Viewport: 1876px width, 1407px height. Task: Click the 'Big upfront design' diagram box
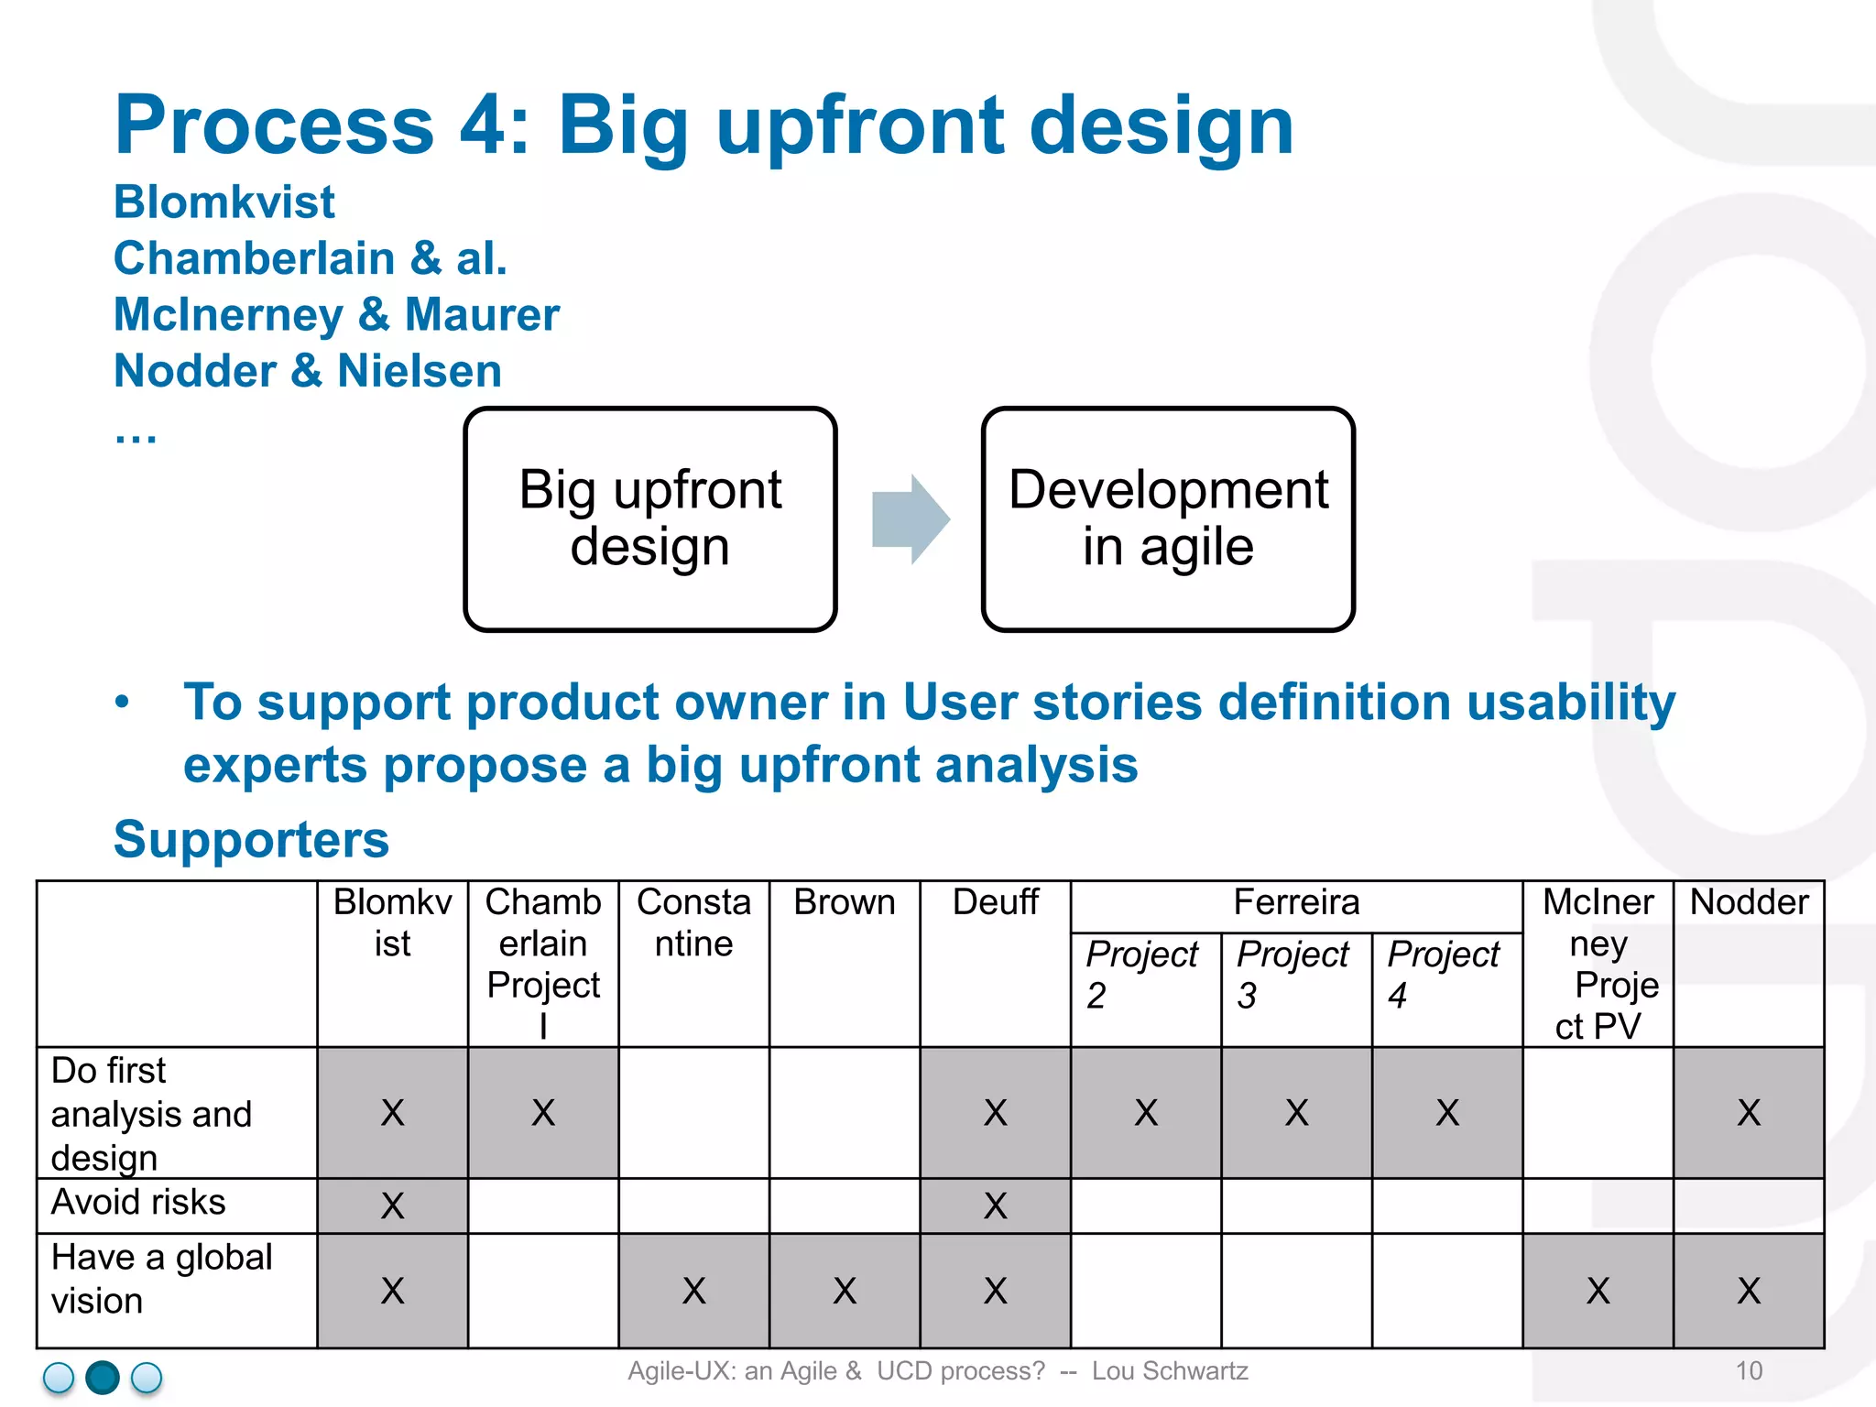650,519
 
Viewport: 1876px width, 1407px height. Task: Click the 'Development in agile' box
1168,519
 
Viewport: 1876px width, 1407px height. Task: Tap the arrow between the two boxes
910,519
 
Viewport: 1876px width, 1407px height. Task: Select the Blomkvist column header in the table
392,923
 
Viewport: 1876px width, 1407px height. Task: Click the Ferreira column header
1296,903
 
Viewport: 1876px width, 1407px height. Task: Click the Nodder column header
1749,903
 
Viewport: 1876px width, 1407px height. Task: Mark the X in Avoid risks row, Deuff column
995,1206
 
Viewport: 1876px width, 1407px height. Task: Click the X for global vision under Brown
845,1291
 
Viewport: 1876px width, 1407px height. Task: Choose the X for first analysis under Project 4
1447,1113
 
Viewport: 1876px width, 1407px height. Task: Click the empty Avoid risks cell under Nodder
1749,1205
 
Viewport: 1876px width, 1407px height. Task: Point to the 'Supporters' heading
251,839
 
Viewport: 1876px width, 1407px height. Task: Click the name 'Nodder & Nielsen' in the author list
308,371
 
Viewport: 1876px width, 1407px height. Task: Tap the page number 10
1749,1371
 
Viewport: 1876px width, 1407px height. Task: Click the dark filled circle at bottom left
103,1378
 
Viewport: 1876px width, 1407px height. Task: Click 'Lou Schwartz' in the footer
1170,1371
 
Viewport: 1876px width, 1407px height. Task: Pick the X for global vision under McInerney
1598,1291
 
